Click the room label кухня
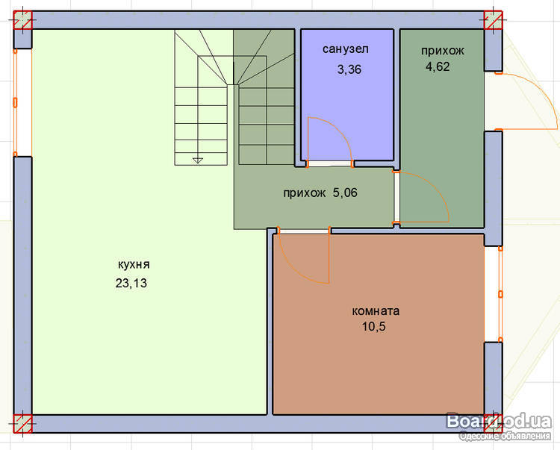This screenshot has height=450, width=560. (134, 265)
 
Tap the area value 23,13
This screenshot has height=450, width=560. (131, 284)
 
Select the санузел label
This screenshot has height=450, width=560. (346, 49)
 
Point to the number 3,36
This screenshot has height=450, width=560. (349, 69)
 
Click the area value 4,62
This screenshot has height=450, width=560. (438, 66)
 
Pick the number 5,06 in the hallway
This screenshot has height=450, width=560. (345, 193)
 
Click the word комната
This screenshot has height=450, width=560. (376, 311)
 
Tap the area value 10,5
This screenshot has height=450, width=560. (374, 327)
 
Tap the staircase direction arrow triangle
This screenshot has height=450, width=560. (198, 160)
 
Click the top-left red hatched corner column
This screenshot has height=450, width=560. (23, 20)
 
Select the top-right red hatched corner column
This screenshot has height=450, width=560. (494, 20)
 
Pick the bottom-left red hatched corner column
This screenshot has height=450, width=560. (23, 424)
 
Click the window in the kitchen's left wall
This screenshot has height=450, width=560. (22, 103)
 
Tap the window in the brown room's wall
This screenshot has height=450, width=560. (494, 294)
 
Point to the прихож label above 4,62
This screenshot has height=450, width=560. (443, 51)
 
